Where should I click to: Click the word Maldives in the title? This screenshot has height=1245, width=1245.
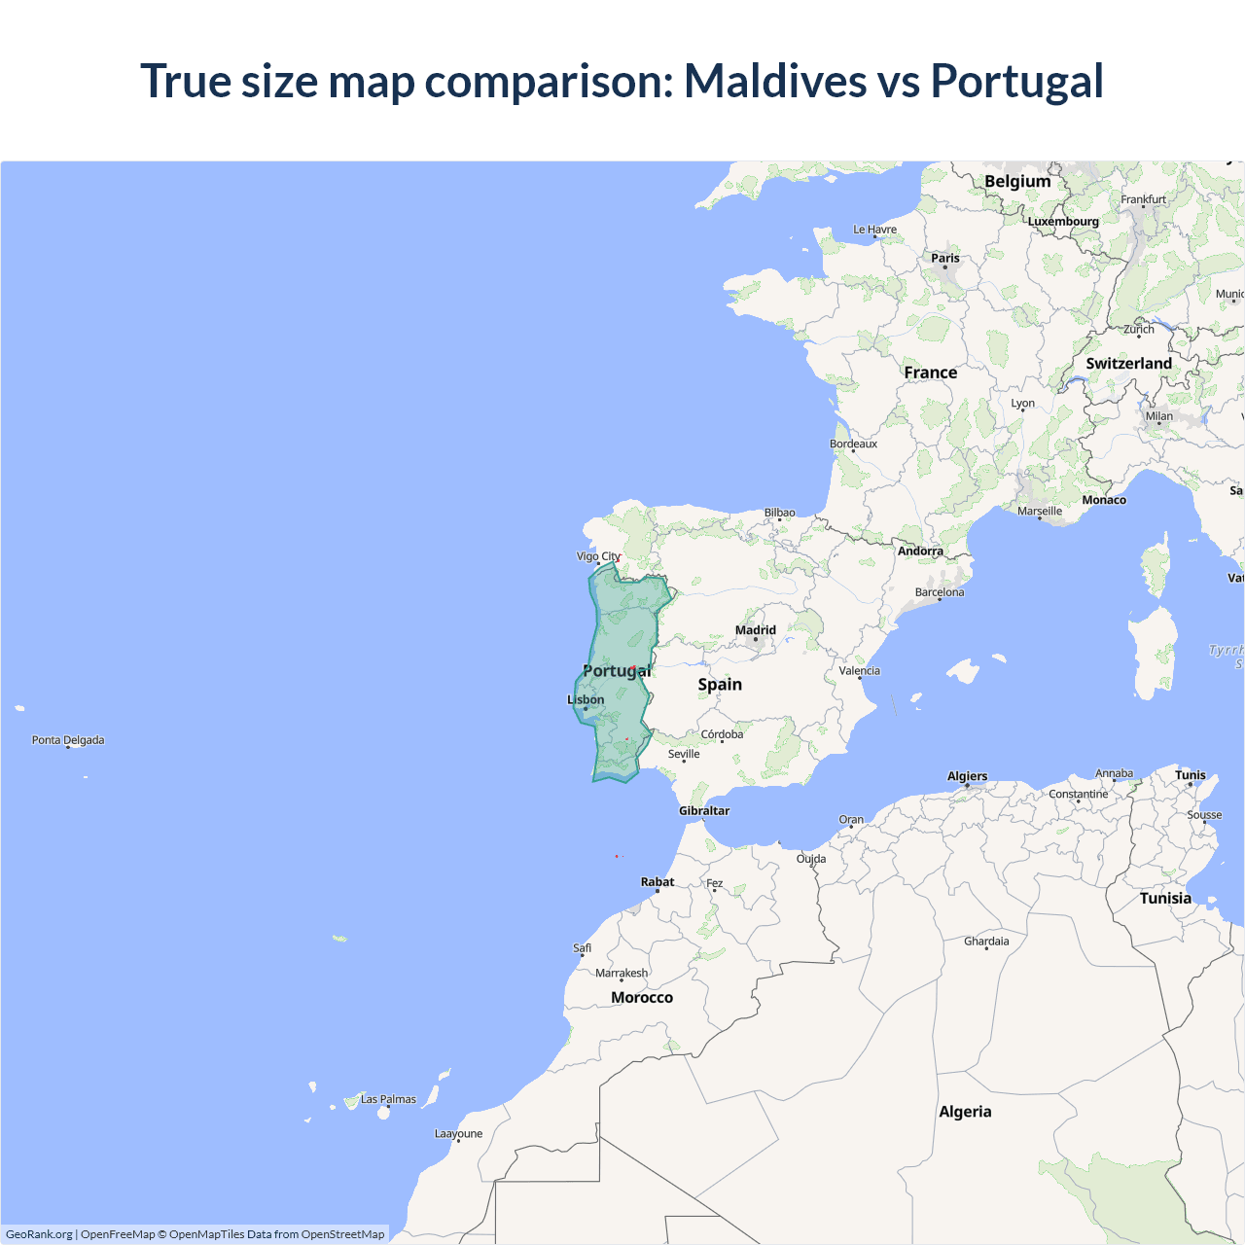coord(774,81)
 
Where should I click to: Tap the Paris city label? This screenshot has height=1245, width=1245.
coord(944,258)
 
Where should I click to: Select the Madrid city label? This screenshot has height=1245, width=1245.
coord(756,630)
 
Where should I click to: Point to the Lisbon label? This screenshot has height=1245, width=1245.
coord(586,699)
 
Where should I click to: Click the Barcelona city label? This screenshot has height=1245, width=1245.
coord(940,591)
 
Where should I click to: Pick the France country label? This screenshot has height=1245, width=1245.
coord(930,373)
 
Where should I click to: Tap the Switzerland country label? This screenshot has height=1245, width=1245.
coord(1128,363)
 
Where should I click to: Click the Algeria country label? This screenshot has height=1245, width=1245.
coord(965,1112)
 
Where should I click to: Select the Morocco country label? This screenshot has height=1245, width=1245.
coord(642,997)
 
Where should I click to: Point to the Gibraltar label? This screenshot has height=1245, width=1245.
coord(704,810)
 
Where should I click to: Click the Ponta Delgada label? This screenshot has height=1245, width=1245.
coord(68,739)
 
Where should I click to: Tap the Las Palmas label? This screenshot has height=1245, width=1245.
coord(388,1099)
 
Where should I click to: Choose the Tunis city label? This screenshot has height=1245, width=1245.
coord(1191,775)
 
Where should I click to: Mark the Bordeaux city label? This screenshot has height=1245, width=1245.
coord(853,444)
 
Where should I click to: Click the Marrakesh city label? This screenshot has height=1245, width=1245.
coord(622,973)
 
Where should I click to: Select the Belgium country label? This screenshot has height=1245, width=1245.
coord(1017,181)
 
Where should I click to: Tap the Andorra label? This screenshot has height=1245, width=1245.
coord(920,551)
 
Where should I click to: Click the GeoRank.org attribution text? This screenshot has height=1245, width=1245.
coord(39,1234)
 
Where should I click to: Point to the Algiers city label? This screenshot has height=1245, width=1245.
coord(967,776)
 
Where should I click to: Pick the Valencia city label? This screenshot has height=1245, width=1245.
coord(859,670)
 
